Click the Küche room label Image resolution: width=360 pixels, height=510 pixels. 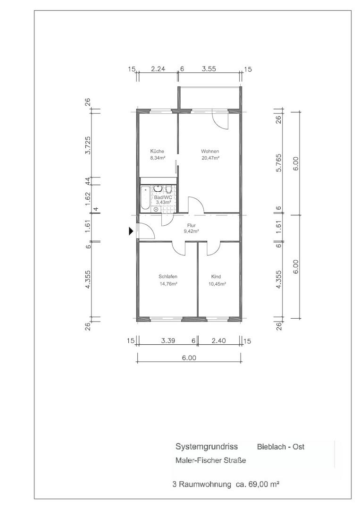[157, 151]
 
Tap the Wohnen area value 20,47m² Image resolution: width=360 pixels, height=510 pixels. [210, 158]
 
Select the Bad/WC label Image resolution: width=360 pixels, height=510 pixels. [163, 197]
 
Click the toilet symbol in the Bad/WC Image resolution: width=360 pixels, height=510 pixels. [168, 188]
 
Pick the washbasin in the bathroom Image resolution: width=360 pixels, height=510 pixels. [158, 188]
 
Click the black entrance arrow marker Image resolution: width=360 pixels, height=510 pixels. [131, 231]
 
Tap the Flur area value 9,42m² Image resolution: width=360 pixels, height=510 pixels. [192, 231]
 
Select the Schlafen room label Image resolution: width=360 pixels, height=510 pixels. [168, 276]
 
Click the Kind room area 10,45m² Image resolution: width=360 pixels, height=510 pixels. [217, 284]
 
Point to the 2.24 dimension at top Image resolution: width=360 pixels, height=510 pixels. [158, 68]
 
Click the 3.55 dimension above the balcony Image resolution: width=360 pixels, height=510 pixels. [209, 68]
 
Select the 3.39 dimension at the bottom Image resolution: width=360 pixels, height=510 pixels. [168, 340]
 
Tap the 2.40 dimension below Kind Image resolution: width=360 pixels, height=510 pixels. [218, 340]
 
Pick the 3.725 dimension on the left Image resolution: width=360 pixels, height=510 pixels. [87, 145]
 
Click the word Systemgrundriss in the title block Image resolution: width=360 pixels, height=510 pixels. [207, 447]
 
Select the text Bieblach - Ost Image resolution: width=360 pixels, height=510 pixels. [281, 447]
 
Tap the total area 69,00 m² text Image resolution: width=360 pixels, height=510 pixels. [264, 484]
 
